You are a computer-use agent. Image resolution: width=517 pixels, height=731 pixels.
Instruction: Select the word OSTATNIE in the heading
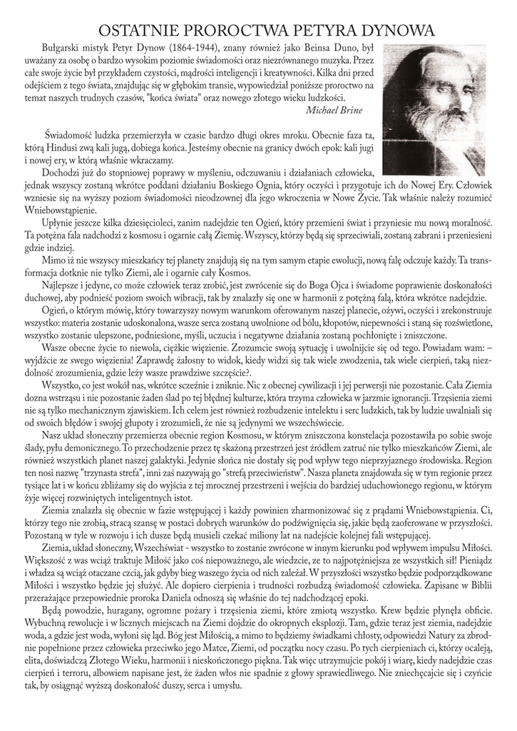(131, 31)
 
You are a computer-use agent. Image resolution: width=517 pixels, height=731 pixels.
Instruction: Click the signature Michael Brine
(333, 110)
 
